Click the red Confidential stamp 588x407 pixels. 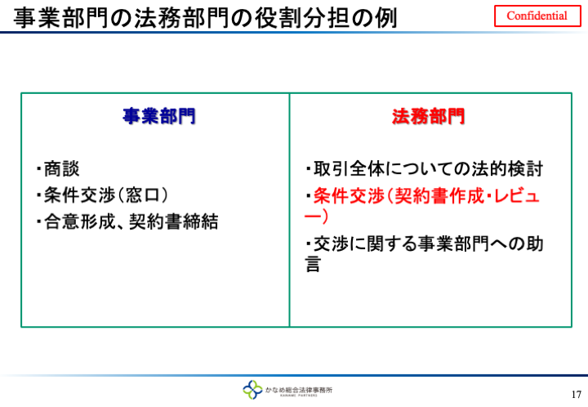(537, 16)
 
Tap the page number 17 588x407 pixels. (577, 394)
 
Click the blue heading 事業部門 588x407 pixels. (159, 116)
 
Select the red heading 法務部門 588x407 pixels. (428, 116)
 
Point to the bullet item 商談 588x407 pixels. (61, 169)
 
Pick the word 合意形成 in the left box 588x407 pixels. (79, 221)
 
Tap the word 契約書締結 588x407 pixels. (174, 221)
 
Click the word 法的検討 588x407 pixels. (507, 169)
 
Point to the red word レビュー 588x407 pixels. (518, 196)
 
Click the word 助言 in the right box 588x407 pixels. (535, 244)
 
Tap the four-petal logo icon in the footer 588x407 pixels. (252, 389)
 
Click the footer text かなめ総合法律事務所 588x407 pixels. (299, 390)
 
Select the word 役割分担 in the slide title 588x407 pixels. (302, 18)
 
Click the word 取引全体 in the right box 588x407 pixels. (350, 169)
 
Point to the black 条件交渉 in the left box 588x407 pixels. (79, 195)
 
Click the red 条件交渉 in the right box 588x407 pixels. (349, 195)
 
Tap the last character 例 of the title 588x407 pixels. (386, 18)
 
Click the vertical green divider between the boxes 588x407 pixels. (289, 210)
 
